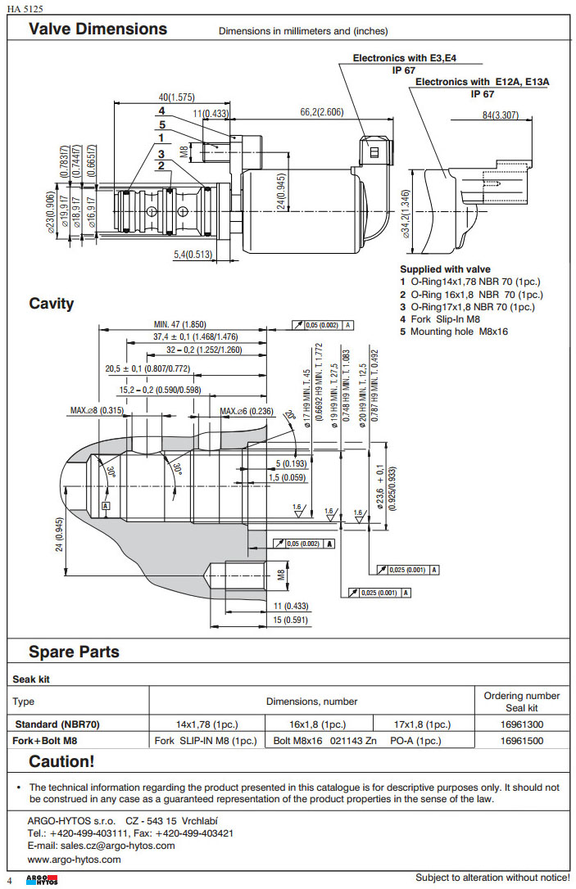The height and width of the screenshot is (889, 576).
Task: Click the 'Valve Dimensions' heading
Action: pyautogui.click(x=98, y=29)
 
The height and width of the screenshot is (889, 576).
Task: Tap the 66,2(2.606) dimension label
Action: pyautogui.click(x=321, y=112)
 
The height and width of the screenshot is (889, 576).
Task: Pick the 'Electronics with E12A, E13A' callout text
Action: pyautogui.click(x=482, y=82)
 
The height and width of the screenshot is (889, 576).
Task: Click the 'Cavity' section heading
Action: pyautogui.click(x=52, y=304)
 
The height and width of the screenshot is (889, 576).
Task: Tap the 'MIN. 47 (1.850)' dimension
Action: pyautogui.click(x=179, y=324)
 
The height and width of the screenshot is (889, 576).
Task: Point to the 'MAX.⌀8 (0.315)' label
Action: pyautogui.click(x=97, y=410)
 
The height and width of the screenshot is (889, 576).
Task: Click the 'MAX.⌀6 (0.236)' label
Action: pyautogui.click(x=247, y=410)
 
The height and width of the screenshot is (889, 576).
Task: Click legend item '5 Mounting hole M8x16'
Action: pyautogui.click(x=454, y=332)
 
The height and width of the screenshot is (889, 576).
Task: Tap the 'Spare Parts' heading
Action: pyautogui.click(x=74, y=652)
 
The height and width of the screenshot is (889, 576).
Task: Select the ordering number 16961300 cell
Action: pyautogui.click(x=521, y=724)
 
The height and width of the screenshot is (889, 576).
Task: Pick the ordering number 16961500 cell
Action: pyautogui.click(x=521, y=741)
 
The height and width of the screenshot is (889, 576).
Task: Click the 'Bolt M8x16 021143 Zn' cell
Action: pyautogui.click(x=320, y=741)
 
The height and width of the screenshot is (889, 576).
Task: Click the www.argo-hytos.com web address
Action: pyautogui.click(x=74, y=860)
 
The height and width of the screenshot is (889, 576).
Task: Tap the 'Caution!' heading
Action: pyautogui.click(x=61, y=761)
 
